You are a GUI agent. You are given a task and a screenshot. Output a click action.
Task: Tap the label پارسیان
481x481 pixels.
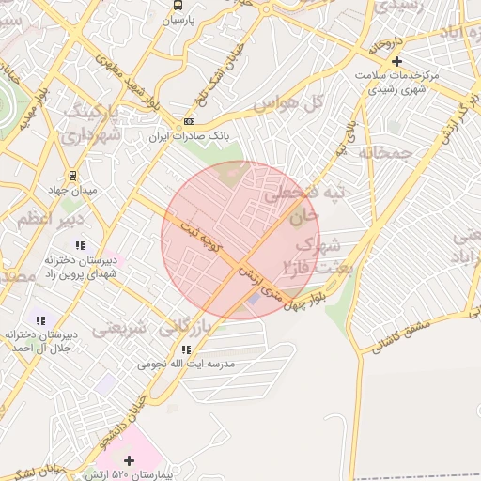click(x=178, y=20)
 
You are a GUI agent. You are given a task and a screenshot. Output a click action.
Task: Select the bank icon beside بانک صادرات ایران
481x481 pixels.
click(x=190, y=122)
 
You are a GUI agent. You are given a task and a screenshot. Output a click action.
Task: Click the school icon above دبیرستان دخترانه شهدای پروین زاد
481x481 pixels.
click(x=79, y=245)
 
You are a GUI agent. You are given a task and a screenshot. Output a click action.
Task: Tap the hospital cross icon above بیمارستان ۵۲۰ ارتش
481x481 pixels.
click(x=129, y=459)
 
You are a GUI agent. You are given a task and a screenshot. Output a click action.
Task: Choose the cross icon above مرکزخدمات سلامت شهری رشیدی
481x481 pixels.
click(x=397, y=60)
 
